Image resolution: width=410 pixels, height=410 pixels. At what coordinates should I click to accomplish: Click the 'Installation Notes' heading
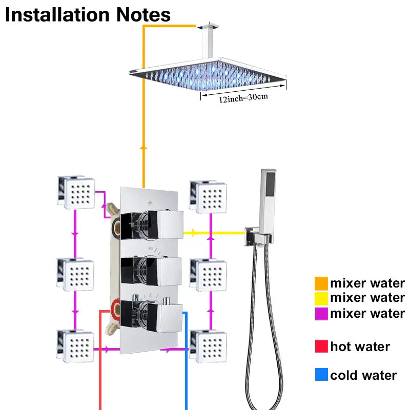tap(88, 14)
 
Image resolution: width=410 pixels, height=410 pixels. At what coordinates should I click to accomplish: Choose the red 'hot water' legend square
tap(321, 347)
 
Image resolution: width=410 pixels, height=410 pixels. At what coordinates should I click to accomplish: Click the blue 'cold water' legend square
tap(321, 376)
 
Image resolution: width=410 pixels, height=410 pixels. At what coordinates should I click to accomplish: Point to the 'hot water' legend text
tap(360, 347)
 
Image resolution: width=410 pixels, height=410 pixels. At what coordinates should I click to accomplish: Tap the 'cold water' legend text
tap(363, 376)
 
